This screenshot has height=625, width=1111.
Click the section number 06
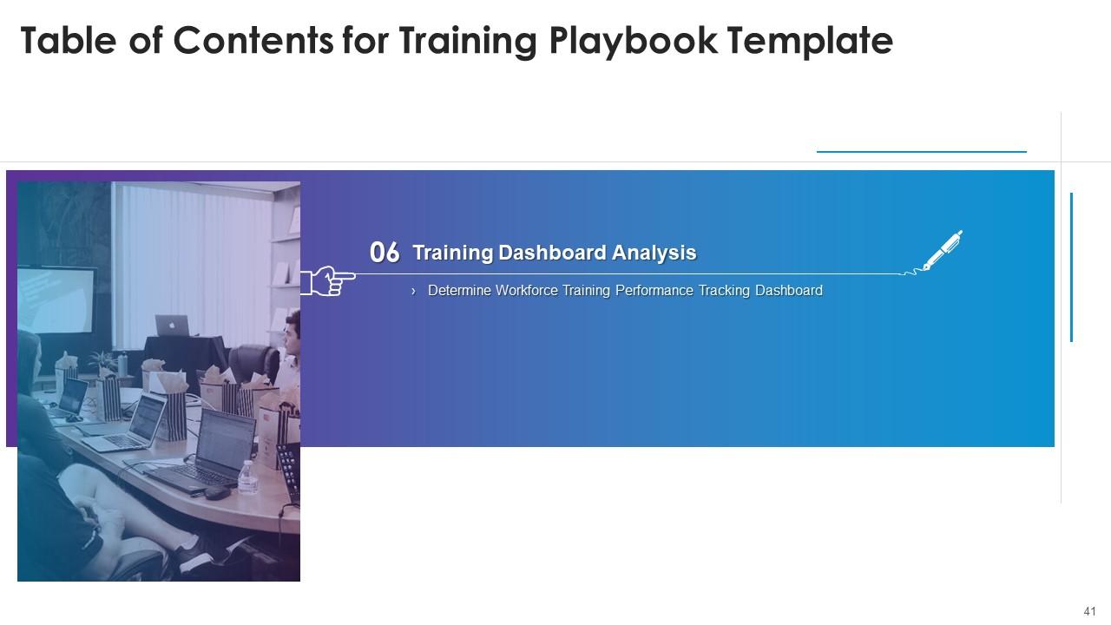pos(385,253)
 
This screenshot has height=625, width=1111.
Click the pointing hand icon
pos(327,280)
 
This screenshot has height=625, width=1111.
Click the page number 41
pos(1090,611)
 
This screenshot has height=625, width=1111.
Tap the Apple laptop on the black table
pos(172,326)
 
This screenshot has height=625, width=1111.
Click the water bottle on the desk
pos(247,477)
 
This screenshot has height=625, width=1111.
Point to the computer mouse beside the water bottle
pos(216,492)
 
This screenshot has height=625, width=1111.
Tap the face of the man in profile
pos(293,334)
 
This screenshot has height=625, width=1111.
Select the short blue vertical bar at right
pos(1072,267)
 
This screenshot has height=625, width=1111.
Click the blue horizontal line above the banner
pos(921,152)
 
